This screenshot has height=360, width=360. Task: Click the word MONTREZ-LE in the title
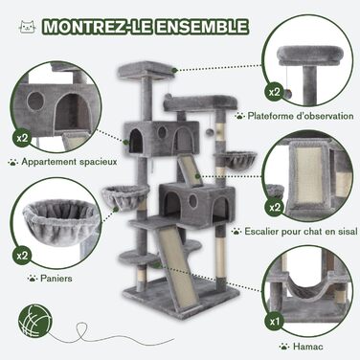pyautogui.click(x=98, y=27)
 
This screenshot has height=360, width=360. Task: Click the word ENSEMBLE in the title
pyautogui.click(x=202, y=27)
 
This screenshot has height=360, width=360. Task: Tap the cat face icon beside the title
pyautogui.click(x=28, y=27)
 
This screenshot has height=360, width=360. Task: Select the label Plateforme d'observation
pyautogui.click(x=301, y=116)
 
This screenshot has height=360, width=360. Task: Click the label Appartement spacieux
pyautogui.click(x=69, y=162)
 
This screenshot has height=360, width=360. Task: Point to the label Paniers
pyautogui.click(x=56, y=279)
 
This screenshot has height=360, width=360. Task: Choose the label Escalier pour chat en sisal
pyautogui.click(x=301, y=231)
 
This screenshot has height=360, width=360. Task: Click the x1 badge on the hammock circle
pyautogui.click(x=275, y=321)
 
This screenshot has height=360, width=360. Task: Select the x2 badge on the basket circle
pyautogui.click(x=22, y=256)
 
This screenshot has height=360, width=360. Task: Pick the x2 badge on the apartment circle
pyautogui.click(x=22, y=138)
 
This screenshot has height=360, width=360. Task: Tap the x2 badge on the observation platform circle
pyautogui.click(x=275, y=92)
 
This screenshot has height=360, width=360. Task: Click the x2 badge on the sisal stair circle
pyautogui.click(x=275, y=207)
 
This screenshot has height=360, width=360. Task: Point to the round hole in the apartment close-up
pyautogui.click(x=35, y=101)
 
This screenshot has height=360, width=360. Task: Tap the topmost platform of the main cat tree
pyautogui.click(x=146, y=71)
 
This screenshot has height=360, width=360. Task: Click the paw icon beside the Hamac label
pyautogui.click(x=283, y=347)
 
